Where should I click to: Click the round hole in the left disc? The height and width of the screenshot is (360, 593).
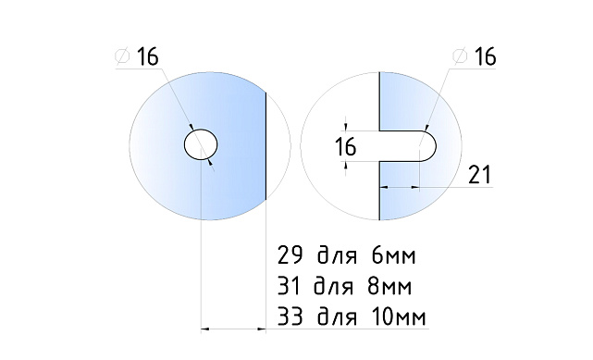[200, 145]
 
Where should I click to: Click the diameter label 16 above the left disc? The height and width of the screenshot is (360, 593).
[147, 56]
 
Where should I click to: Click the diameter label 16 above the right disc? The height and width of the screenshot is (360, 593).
[484, 56]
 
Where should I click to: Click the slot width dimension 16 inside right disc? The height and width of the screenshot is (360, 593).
[346, 146]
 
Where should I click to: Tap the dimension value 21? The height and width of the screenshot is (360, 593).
[479, 173]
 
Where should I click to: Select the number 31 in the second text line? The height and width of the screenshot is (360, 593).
[289, 285]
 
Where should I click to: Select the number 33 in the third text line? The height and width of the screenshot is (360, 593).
[289, 317]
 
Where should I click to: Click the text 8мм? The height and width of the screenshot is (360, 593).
[395, 285]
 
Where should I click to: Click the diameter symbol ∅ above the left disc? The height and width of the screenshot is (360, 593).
[122, 57]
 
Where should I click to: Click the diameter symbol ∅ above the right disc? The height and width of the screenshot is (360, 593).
[459, 57]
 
